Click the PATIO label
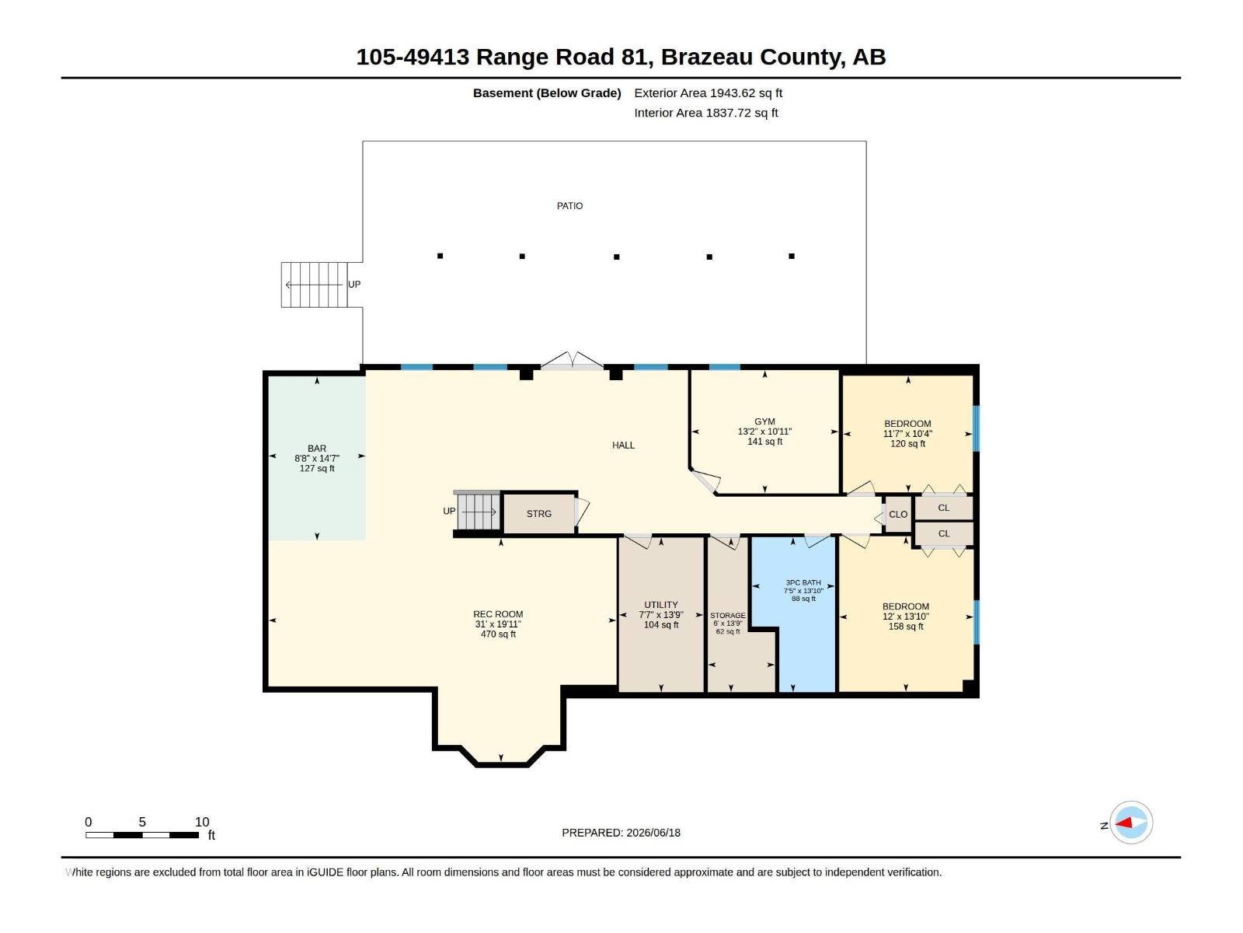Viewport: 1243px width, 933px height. [569, 205]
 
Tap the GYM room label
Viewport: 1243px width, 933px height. [764, 421]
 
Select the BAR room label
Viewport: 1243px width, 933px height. [316, 449]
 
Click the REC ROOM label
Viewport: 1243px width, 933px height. [498, 614]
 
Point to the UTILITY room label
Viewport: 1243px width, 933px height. [660, 605]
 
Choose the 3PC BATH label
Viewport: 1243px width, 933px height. [803, 582]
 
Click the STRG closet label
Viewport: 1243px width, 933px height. [538, 514]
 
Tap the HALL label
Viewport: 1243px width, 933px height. [623, 446]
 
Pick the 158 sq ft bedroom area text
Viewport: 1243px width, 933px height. [906, 627]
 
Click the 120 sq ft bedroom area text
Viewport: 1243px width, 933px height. [907, 443]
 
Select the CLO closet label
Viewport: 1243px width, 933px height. [898, 515]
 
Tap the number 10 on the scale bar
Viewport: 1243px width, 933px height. [202, 822]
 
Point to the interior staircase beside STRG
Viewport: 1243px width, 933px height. [478, 512]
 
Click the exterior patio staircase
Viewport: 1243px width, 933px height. [315, 285]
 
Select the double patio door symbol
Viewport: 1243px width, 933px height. [572, 361]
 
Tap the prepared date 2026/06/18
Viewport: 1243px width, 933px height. [653, 833]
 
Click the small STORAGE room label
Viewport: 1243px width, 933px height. [728, 615]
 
